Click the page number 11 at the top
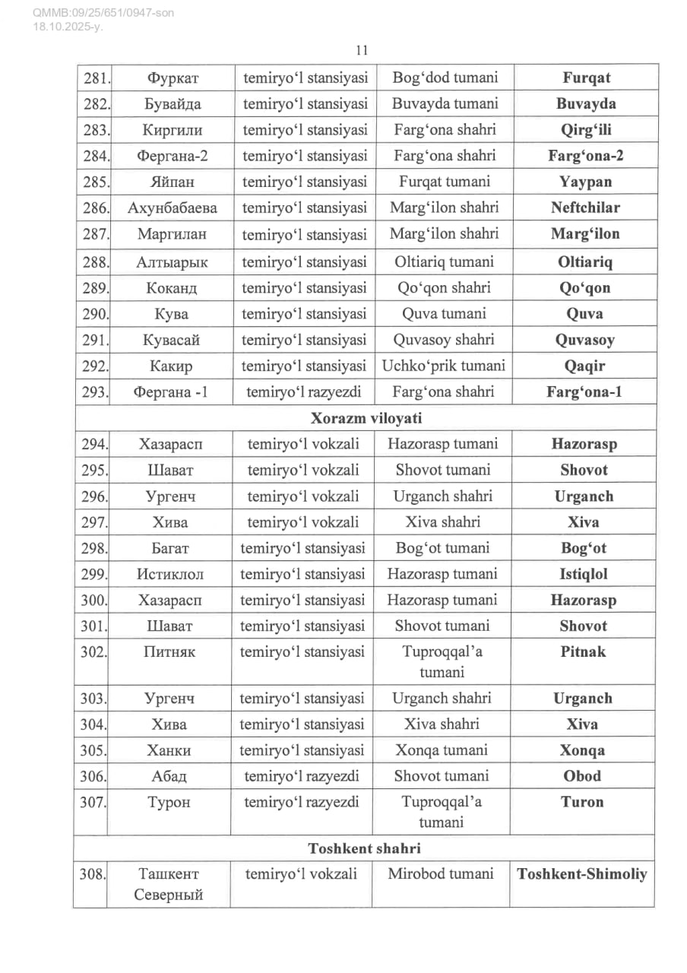362,51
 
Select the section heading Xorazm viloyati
366,418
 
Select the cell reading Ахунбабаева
172,208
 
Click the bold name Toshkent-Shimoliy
582,874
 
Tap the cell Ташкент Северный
169,884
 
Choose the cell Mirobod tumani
441,874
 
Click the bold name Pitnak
583,651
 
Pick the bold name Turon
583,802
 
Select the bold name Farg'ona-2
581,156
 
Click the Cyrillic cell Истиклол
171,574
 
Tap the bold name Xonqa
583,750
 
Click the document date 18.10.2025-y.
68,27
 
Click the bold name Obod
583,776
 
